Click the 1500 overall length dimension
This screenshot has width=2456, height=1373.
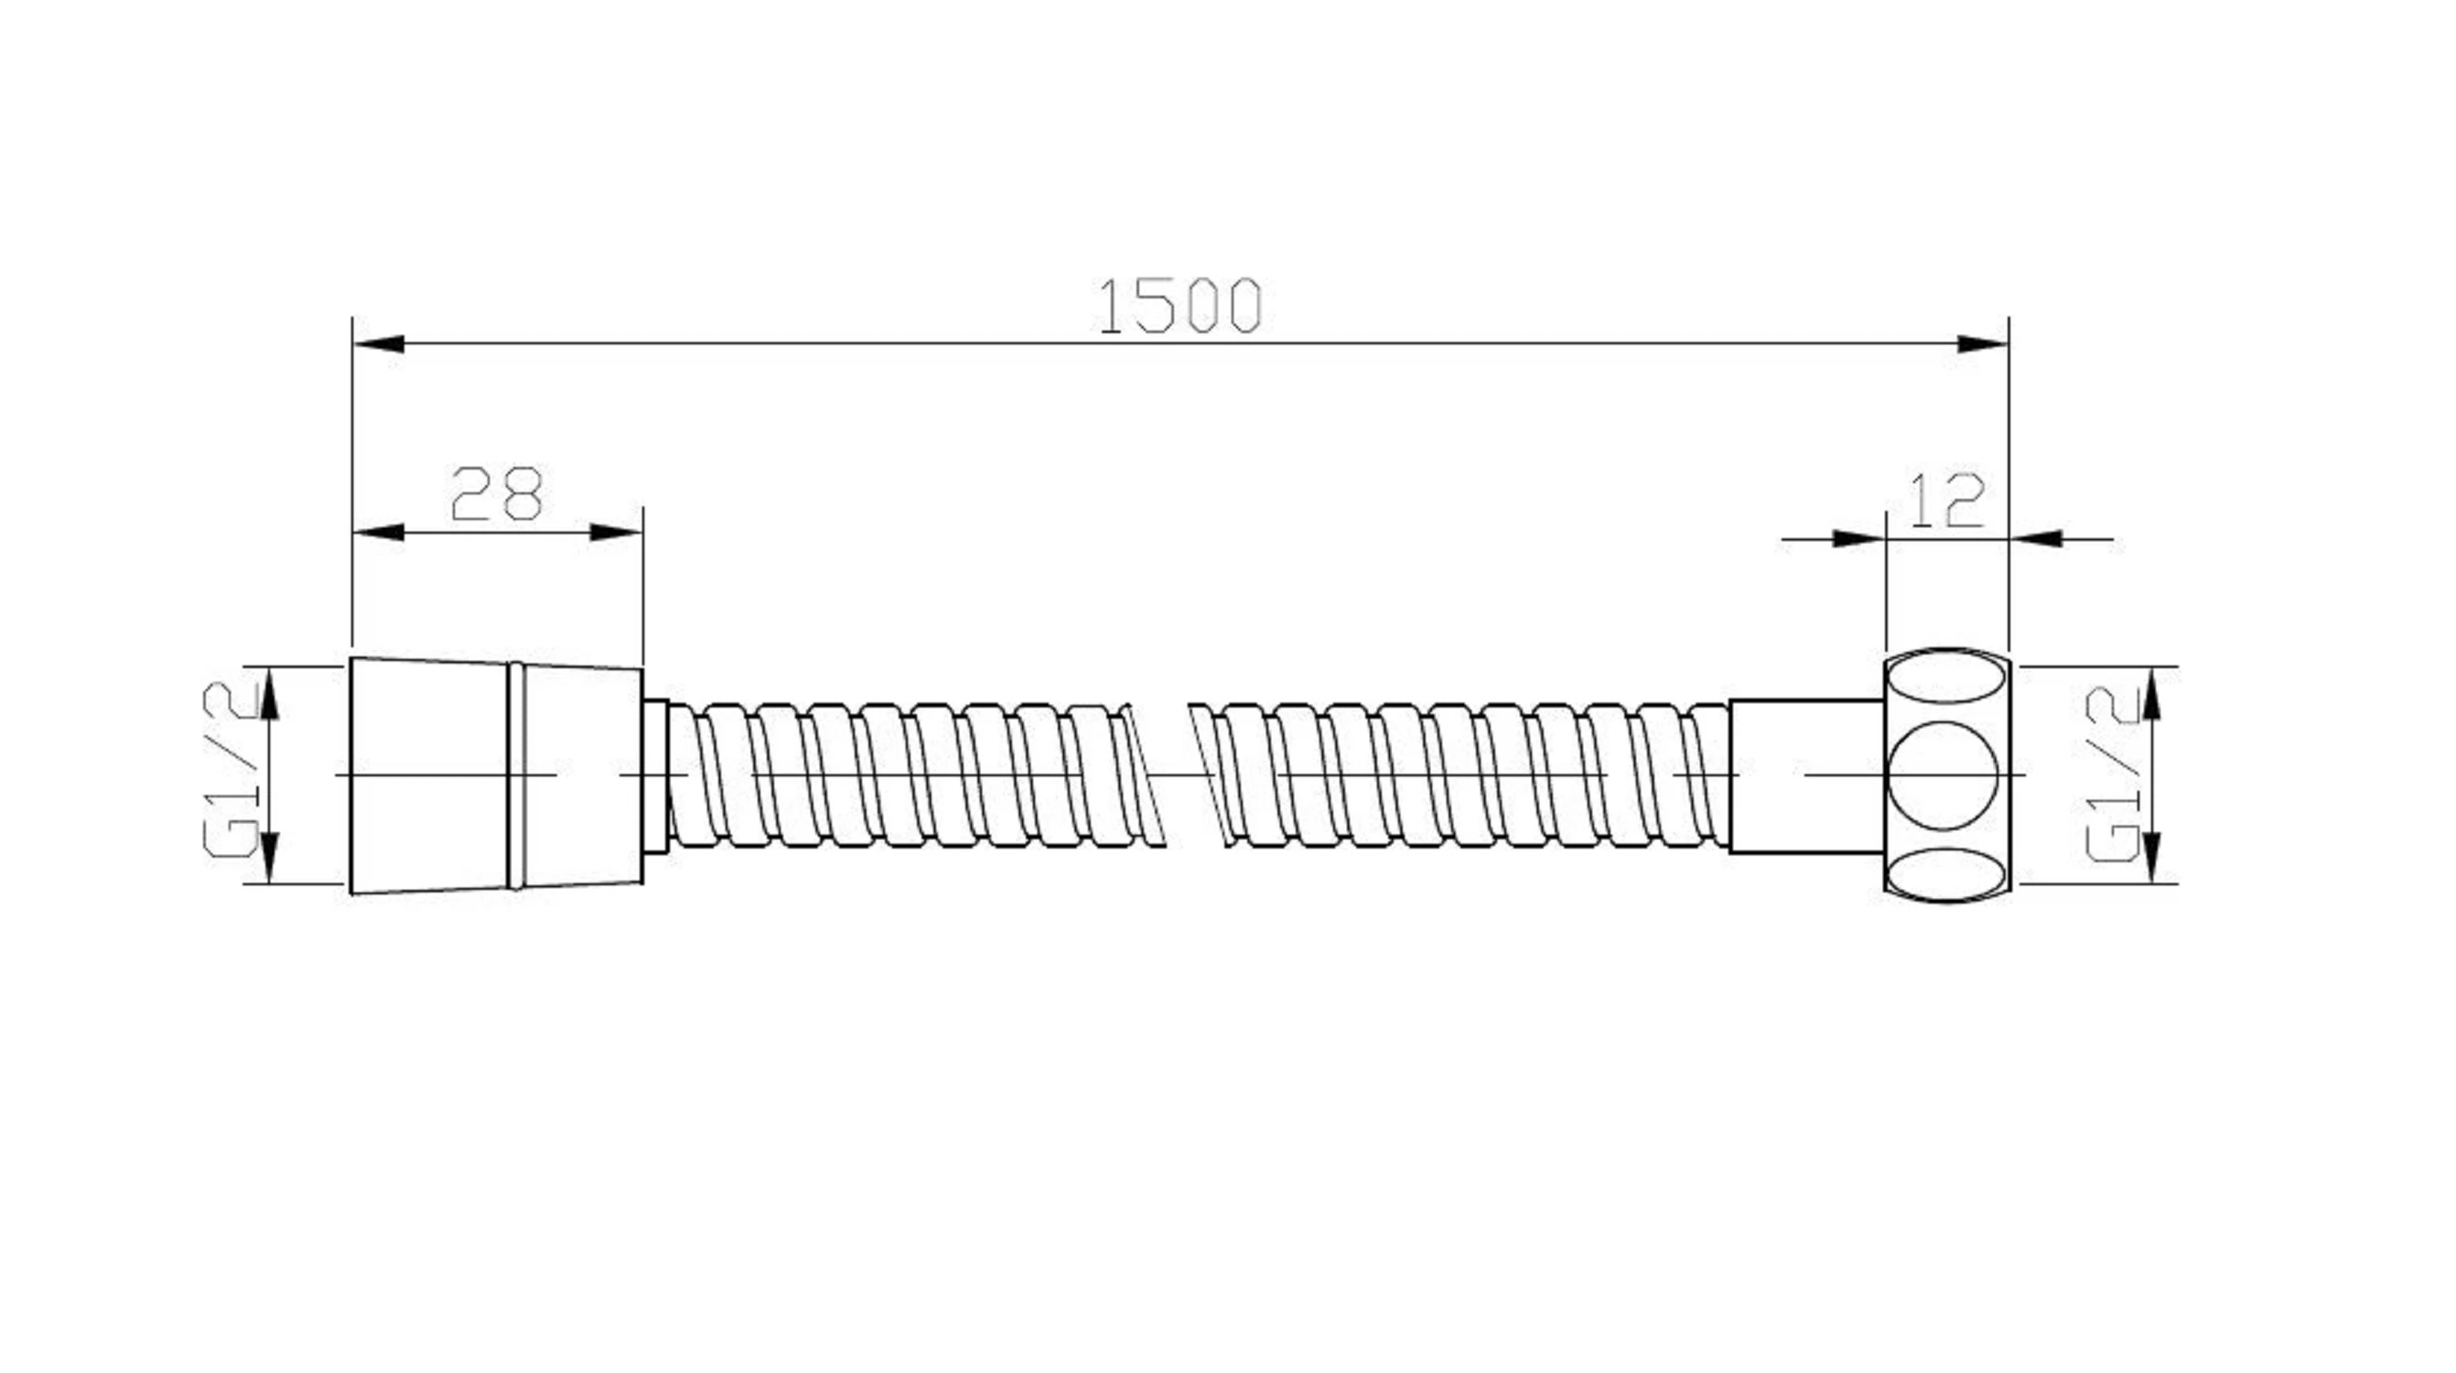[1180, 307]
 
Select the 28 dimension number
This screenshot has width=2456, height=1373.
[497, 494]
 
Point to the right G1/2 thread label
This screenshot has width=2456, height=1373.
[2114, 774]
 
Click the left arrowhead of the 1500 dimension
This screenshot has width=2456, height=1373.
[379, 343]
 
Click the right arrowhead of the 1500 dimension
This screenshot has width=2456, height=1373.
[1983, 343]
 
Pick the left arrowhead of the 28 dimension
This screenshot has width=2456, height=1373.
[379, 532]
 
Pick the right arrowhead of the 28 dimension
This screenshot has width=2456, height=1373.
[617, 532]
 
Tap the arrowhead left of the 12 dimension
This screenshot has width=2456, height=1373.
[1860, 539]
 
